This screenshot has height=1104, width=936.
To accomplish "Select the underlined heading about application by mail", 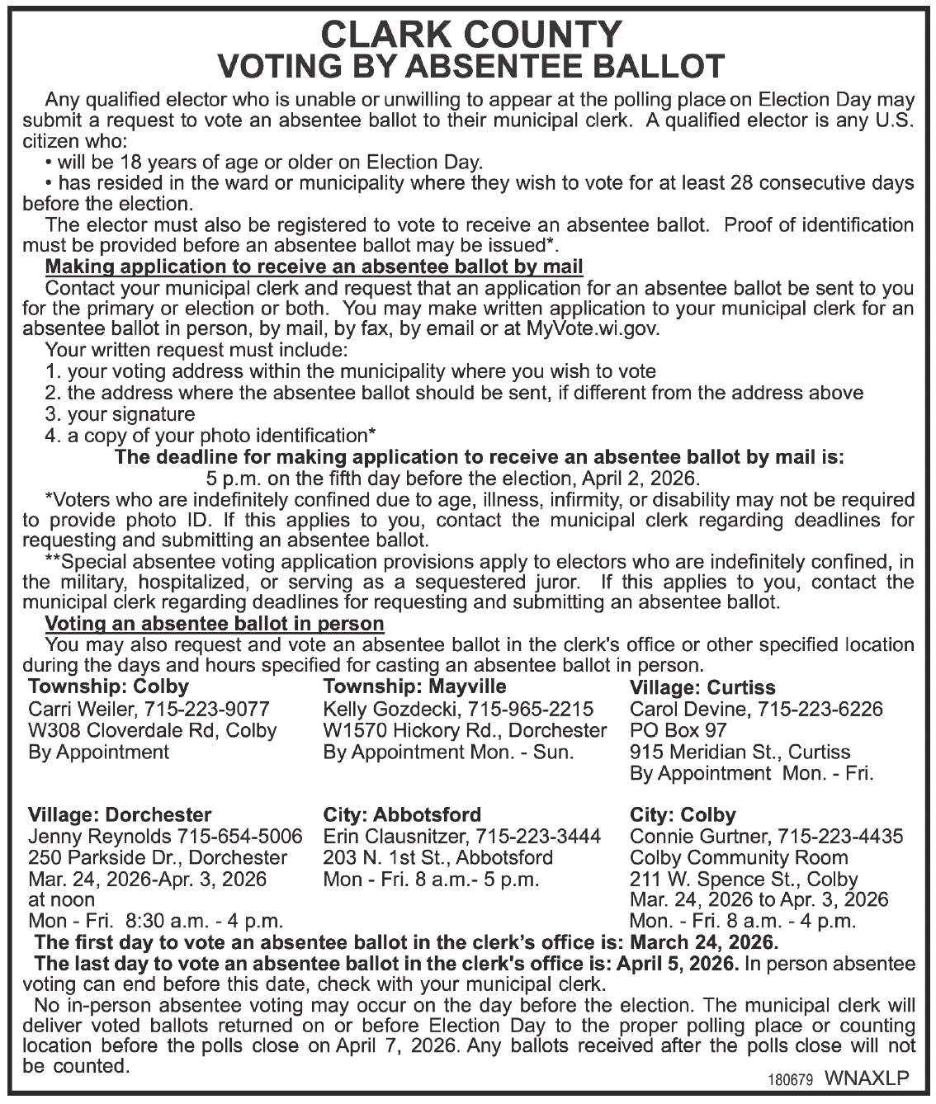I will [314, 267].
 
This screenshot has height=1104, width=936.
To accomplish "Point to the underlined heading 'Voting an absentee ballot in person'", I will [214, 623].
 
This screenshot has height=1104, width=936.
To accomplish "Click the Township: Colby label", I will [108, 686].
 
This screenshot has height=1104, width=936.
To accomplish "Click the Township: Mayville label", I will [415, 686].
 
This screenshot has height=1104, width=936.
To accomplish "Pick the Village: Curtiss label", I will [702, 687].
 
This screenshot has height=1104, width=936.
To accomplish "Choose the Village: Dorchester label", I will [120, 815].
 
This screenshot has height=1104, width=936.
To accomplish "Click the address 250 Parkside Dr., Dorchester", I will [158, 857].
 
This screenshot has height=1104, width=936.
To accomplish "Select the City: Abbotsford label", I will [402, 815].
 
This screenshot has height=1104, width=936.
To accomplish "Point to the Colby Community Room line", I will [739, 857].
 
